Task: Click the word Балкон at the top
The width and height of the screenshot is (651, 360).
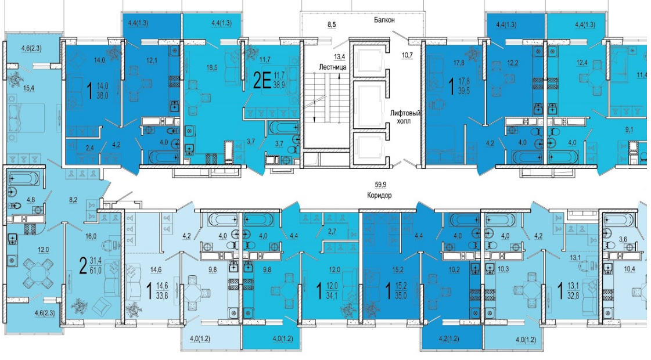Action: click(384, 20)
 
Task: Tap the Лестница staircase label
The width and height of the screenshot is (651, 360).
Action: click(333, 67)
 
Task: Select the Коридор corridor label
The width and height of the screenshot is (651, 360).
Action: click(379, 195)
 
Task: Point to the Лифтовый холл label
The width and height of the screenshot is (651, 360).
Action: click(405, 116)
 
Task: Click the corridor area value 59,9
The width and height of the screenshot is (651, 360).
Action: click(378, 184)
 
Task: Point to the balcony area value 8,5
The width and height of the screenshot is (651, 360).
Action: click(332, 25)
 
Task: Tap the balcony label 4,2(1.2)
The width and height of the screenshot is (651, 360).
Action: click(449, 339)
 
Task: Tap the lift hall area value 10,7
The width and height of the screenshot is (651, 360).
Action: click(408, 55)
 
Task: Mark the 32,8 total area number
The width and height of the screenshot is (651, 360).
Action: click(577, 297)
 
